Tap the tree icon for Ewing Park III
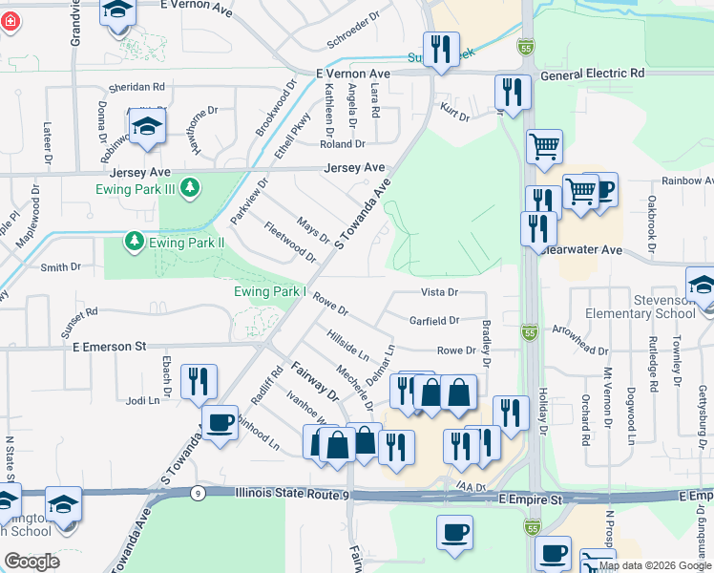point(190,187)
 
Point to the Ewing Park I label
point(270,291)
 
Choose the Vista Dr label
point(440,291)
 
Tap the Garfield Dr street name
point(434,321)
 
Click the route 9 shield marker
point(196,493)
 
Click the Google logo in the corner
point(31,562)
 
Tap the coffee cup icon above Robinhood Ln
point(220,421)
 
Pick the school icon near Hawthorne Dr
point(147,126)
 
